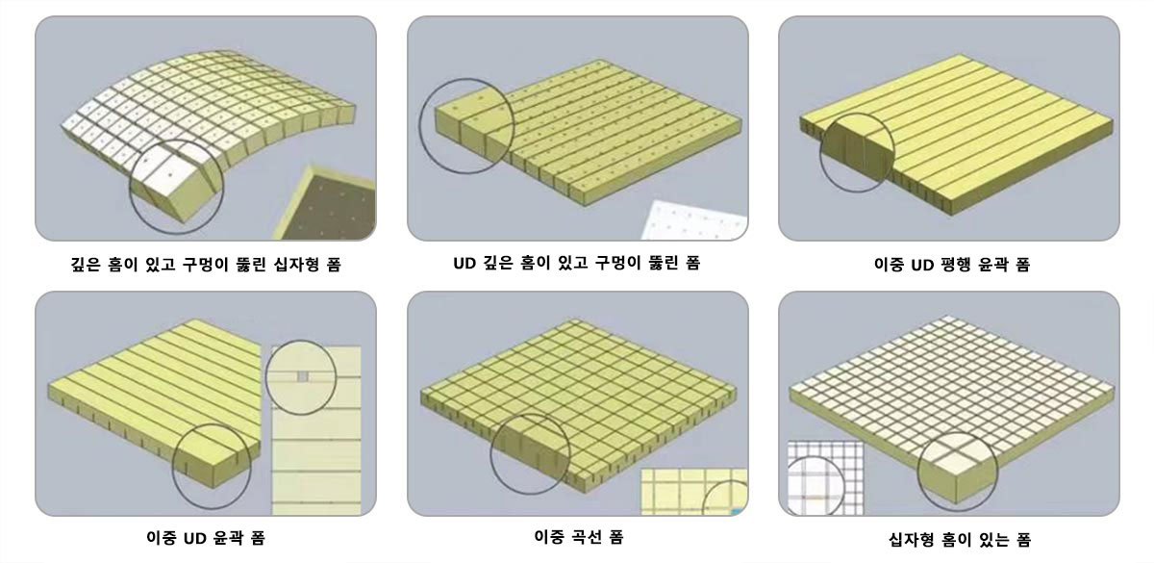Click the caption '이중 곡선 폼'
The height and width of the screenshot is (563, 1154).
pos(579,537)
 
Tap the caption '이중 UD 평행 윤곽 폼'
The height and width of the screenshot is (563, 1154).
pos(952,265)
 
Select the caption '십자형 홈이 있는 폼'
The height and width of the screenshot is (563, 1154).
pos(960,539)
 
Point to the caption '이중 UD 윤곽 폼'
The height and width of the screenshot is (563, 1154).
pos(206,538)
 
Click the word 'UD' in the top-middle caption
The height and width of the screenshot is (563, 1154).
pos(464,264)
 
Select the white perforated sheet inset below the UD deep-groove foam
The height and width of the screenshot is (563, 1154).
pos(694,220)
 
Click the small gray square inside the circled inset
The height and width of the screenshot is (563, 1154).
pos(303,377)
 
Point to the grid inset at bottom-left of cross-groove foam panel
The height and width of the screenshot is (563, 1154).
pos(826,478)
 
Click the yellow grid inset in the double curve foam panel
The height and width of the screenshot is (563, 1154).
pos(694,492)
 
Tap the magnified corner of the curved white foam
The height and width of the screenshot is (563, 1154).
pos(176,187)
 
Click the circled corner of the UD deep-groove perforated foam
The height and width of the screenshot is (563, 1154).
pos(466,126)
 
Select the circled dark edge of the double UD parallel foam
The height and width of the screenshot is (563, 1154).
pos(857,153)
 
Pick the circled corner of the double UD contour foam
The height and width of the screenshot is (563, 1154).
pos(212,467)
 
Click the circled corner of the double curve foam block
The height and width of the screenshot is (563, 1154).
pos(530,454)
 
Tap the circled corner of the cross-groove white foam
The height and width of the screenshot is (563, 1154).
pos(958,472)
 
